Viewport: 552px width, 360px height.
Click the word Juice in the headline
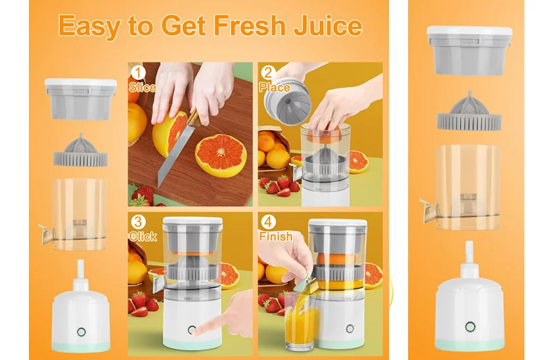tap(328, 26)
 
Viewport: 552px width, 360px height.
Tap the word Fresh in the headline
tap(250, 25)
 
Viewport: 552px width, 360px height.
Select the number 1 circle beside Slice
tap(138, 73)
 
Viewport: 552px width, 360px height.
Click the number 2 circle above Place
tap(268, 73)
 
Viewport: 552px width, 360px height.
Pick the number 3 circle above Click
tap(138, 222)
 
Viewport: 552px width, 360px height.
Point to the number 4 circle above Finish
tap(268, 222)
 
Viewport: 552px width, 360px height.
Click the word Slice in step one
tap(142, 87)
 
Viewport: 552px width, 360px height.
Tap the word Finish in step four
tap(275, 236)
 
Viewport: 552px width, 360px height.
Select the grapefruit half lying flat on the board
tap(221, 155)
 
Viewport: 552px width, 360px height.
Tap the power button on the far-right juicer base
tap(470, 327)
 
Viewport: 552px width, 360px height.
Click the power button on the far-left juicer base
tap(81, 332)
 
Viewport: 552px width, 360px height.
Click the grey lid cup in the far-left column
tap(81, 99)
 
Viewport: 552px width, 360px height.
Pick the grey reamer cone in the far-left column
tap(81, 150)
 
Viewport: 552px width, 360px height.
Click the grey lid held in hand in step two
tap(288, 102)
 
